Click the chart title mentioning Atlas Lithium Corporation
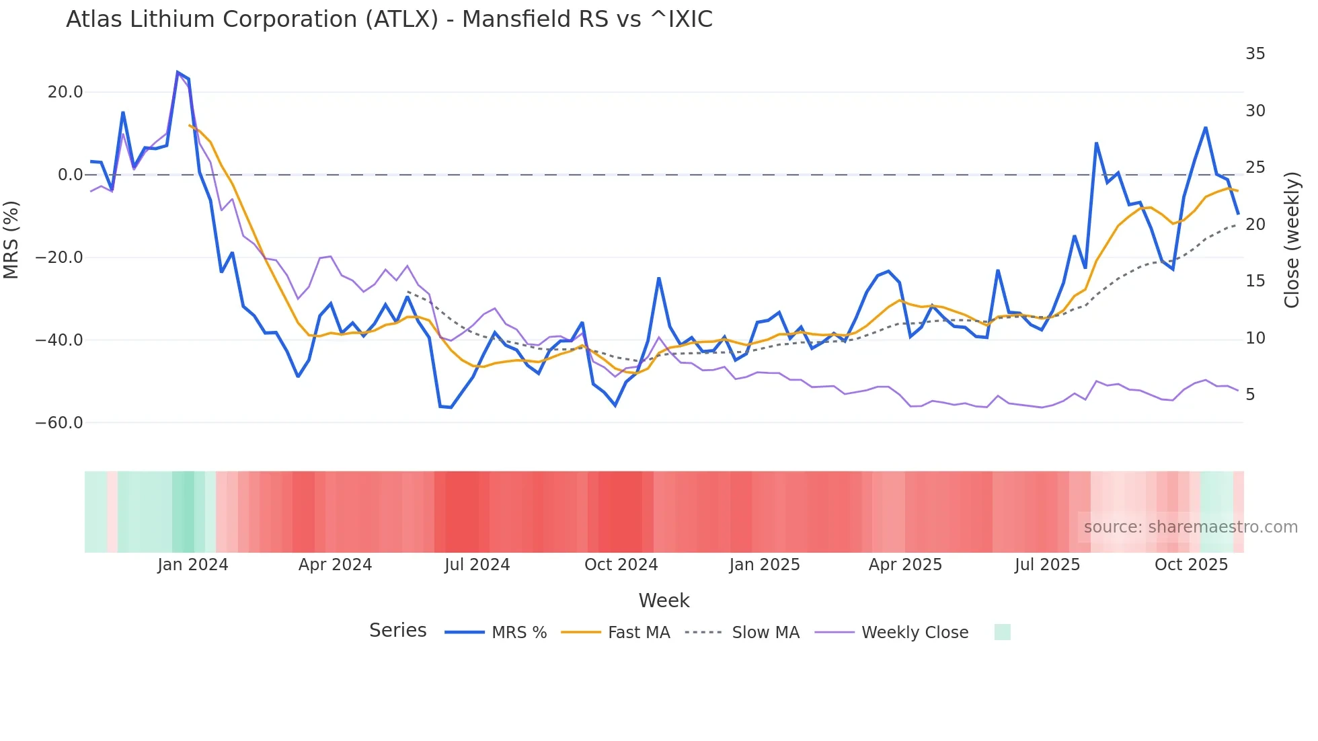(x=389, y=19)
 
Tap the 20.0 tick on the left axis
(x=65, y=92)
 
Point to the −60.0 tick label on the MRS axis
(x=59, y=423)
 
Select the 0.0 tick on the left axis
(x=70, y=175)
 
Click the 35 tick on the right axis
(x=1255, y=54)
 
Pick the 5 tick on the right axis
(x=1250, y=395)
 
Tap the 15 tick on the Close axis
(x=1255, y=281)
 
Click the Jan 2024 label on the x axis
(x=193, y=565)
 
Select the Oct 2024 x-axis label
(x=621, y=565)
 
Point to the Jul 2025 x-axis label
(x=1047, y=565)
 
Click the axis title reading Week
(x=664, y=600)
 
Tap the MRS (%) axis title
(x=11, y=240)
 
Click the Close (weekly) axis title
(x=1291, y=240)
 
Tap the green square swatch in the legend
(x=1002, y=632)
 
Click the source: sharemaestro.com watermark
(x=1190, y=527)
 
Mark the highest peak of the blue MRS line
(x=178, y=72)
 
